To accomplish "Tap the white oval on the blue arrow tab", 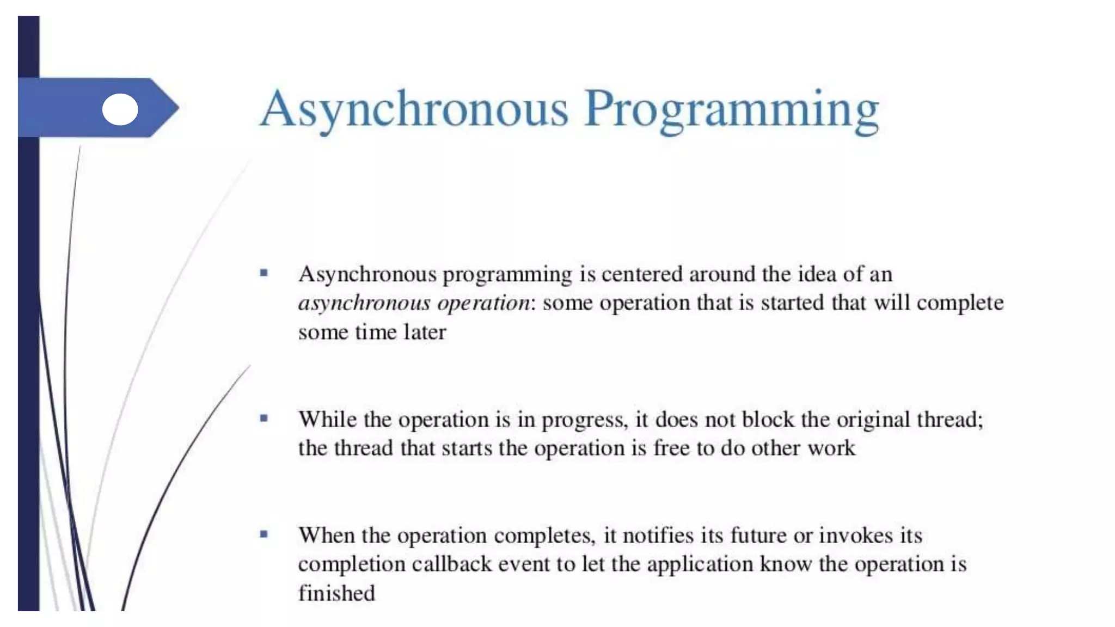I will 120,109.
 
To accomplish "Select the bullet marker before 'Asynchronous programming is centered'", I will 264,273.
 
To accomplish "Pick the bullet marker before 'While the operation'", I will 264,419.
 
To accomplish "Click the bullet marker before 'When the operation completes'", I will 264,534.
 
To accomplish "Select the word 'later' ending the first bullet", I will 425,332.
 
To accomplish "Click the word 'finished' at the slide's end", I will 336,593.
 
